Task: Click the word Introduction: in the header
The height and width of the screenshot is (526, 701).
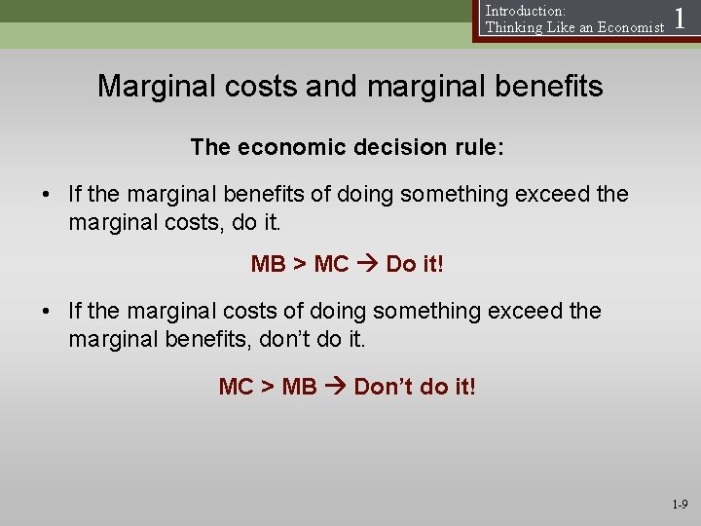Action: click(x=526, y=11)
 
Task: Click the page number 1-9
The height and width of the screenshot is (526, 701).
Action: click(x=679, y=505)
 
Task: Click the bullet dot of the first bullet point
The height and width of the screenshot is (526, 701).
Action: click(x=47, y=195)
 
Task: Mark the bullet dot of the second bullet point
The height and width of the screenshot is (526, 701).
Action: click(x=47, y=312)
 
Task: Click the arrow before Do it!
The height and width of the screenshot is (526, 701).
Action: click(x=367, y=264)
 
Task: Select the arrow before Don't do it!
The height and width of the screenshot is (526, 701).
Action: click(x=335, y=387)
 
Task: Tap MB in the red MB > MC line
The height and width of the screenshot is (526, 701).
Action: click(x=269, y=264)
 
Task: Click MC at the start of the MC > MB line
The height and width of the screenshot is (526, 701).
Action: click(x=237, y=387)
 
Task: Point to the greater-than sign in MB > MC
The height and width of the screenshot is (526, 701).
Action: click(x=300, y=264)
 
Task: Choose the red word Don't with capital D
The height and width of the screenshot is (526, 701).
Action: click(x=384, y=387)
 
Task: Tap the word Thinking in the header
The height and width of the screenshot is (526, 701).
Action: click(x=514, y=27)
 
